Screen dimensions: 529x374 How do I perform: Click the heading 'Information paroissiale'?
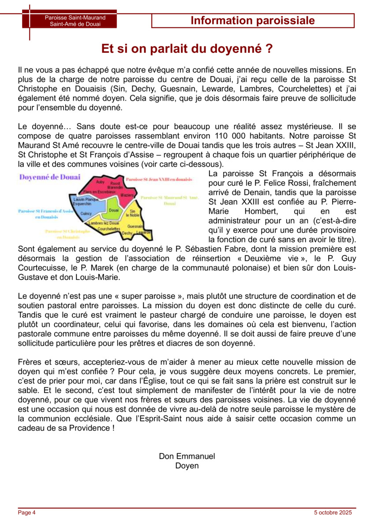pyautogui.click(x=253, y=20)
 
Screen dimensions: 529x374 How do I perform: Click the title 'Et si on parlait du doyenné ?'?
pyautogui.click(x=187, y=48)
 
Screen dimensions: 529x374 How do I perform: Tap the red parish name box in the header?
pyautogui.click(x=69, y=21)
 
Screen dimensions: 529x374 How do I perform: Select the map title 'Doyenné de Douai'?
pyautogui.click(x=49, y=177)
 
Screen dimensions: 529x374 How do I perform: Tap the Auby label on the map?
pyautogui.click(x=100, y=182)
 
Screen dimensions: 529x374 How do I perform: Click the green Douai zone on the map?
pyautogui.click(x=113, y=211)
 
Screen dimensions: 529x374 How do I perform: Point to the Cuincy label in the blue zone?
pyautogui.click(x=86, y=213)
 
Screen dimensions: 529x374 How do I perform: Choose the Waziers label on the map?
pyautogui.click(x=127, y=194)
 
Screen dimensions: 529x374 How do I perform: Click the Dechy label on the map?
pyautogui.click(x=127, y=232)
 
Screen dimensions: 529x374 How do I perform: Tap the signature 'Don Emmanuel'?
pyautogui.click(x=187, y=456)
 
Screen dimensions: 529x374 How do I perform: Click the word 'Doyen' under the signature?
pyautogui.click(x=187, y=466)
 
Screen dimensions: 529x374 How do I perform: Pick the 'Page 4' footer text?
pyautogui.click(x=26, y=512)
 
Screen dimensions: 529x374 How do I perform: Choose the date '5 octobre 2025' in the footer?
pyautogui.click(x=333, y=512)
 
